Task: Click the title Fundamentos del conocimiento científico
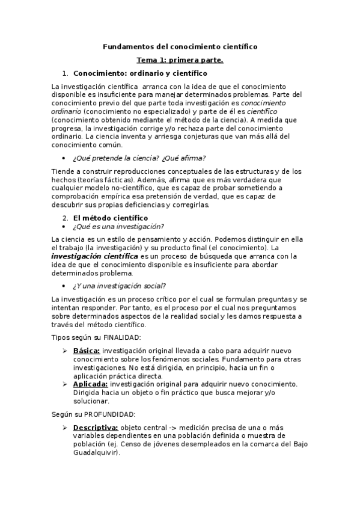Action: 180,46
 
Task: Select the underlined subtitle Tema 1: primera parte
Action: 180,60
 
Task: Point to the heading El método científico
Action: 110,217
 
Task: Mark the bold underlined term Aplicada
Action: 90,384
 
